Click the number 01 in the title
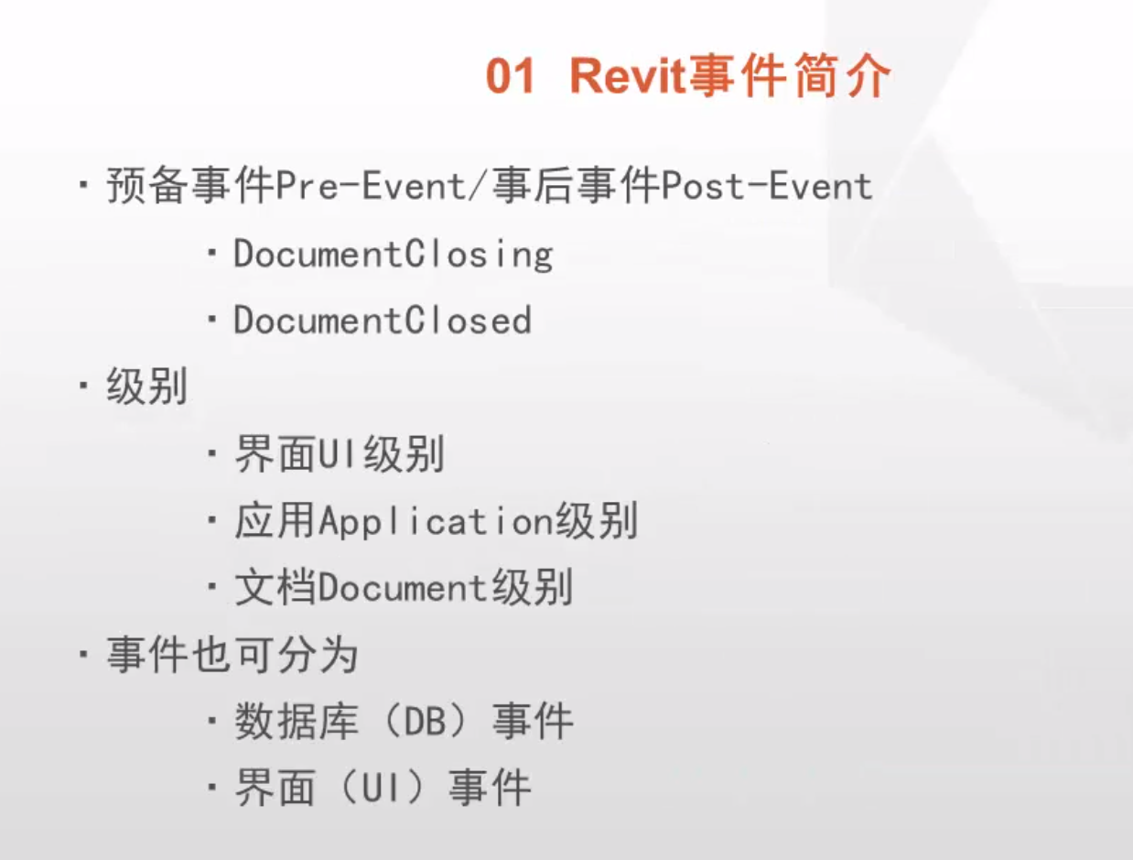[x=510, y=76]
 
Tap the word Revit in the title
[x=628, y=76]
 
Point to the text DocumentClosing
[x=394, y=254]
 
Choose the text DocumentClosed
[x=383, y=321]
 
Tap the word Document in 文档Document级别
[x=402, y=588]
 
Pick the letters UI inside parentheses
[x=382, y=788]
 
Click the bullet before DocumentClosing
[x=211, y=254]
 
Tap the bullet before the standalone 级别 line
[x=83, y=386]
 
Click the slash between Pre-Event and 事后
[x=479, y=186]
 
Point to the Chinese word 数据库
[x=297, y=721]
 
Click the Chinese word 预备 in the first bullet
[x=146, y=186]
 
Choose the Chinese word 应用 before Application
[x=275, y=520]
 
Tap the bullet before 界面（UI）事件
[x=211, y=788]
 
